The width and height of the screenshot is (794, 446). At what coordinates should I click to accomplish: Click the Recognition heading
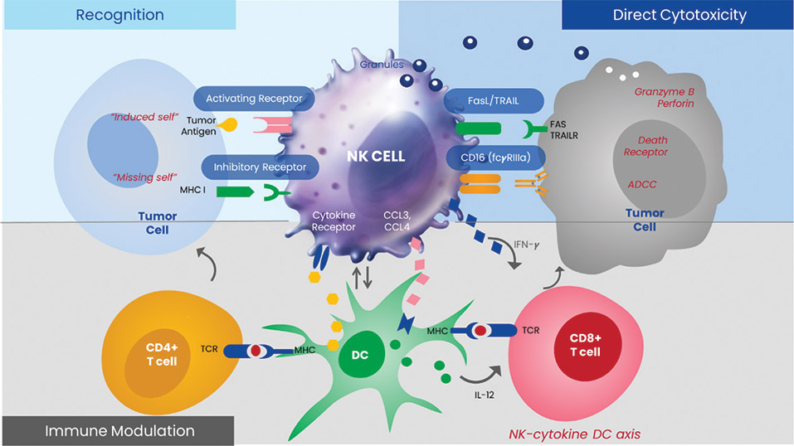tap(119, 15)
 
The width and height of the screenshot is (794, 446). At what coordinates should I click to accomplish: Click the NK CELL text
tap(377, 155)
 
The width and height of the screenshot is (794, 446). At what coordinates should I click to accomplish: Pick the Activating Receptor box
tap(255, 99)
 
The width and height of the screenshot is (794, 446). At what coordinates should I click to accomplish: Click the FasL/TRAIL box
tap(493, 101)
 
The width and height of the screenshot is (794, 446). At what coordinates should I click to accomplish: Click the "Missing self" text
tap(136, 177)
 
